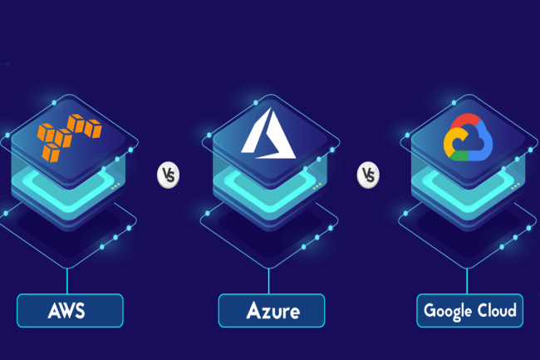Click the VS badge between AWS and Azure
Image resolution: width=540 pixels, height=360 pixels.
click(169, 175)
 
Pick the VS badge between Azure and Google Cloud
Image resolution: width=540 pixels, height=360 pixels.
click(369, 175)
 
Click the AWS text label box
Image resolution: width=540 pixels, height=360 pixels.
click(70, 311)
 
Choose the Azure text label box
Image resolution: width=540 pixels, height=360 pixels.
click(271, 311)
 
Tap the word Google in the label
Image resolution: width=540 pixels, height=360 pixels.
click(449, 312)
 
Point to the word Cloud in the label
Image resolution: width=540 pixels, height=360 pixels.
click(497, 311)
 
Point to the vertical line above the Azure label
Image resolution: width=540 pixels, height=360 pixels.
click(271, 279)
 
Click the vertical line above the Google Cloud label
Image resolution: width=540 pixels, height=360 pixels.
click(470, 279)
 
